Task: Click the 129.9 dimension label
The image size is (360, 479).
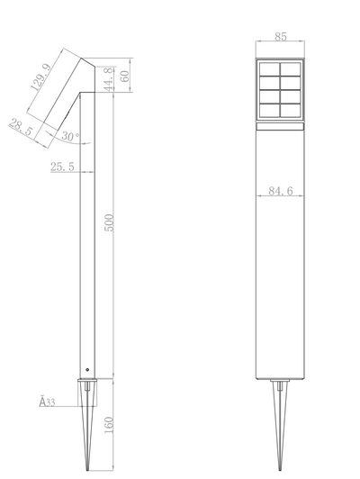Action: click(x=41, y=77)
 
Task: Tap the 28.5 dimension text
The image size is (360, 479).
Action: click(x=21, y=127)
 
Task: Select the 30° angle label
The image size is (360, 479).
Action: click(x=70, y=136)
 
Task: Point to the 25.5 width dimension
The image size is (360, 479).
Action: click(x=62, y=167)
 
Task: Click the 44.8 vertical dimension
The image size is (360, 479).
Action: click(x=109, y=79)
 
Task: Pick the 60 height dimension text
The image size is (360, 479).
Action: click(x=124, y=76)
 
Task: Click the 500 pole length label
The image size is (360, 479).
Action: click(x=109, y=222)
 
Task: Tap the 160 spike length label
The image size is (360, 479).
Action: click(x=109, y=425)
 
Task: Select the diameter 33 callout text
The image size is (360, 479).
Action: click(x=47, y=402)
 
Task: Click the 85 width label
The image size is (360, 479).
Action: click(x=281, y=37)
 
